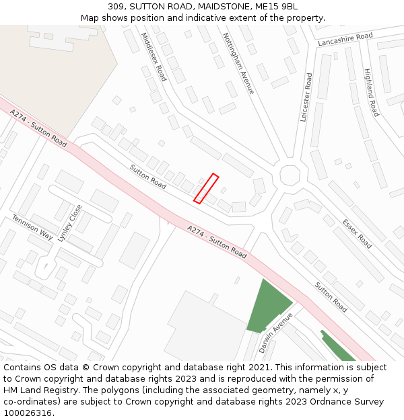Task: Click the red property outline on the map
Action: point(206,188)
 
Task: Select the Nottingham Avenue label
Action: point(238,63)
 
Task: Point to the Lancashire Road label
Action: point(345,40)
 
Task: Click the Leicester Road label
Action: point(306,97)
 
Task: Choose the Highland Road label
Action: point(371,93)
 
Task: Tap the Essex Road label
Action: point(356,234)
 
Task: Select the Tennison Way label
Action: point(32,227)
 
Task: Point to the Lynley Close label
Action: point(69,222)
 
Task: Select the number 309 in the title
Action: point(116,6)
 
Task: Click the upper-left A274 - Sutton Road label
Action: point(39,129)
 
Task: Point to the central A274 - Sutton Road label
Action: point(217,242)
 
